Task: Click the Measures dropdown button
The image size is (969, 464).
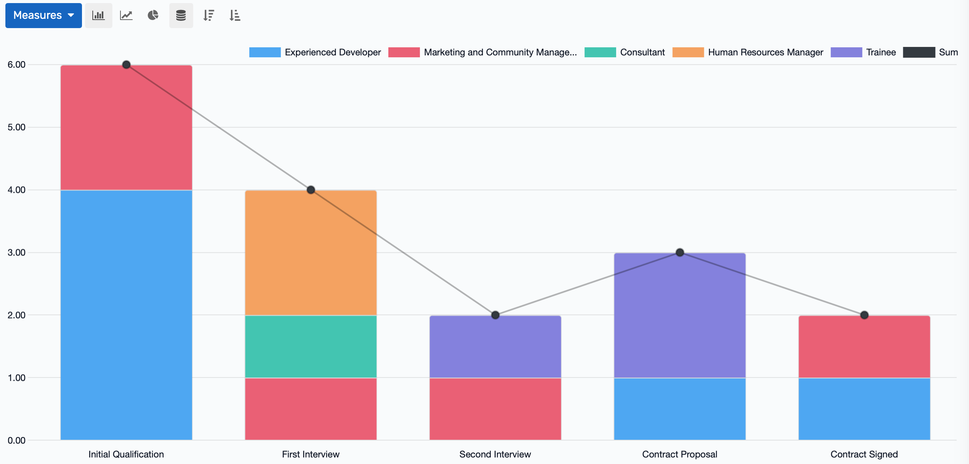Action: pyautogui.click(x=43, y=15)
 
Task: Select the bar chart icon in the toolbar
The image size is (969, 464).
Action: pyautogui.click(x=99, y=15)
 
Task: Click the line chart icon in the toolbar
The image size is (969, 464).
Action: pyautogui.click(x=126, y=15)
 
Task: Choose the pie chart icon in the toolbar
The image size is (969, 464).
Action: pyautogui.click(x=153, y=15)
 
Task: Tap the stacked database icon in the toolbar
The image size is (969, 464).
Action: pyautogui.click(x=181, y=15)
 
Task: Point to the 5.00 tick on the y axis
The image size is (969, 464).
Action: pyautogui.click(x=17, y=127)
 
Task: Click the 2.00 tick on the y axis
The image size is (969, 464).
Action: pyautogui.click(x=17, y=315)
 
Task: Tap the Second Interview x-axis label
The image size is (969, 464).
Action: pyautogui.click(x=495, y=454)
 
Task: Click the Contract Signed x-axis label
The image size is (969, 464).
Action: pyautogui.click(x=864, y=454)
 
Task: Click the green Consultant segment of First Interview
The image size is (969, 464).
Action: pyautogui.click(x=311, y=346)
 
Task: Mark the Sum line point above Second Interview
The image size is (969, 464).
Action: pyautogui.click(x=495, y=315)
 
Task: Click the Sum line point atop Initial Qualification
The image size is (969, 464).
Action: pyautogui.click(x=126, y=65)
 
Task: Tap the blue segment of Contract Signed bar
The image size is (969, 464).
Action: pyautogui.click(x=864, y=409)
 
